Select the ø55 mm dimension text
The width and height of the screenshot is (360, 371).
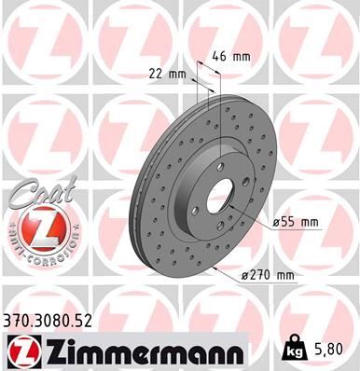coord(296,221)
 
